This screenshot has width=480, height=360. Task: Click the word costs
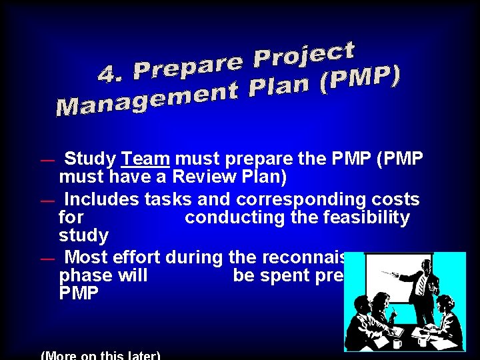click(393, 199)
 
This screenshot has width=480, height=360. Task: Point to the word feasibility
click(361, 217)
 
